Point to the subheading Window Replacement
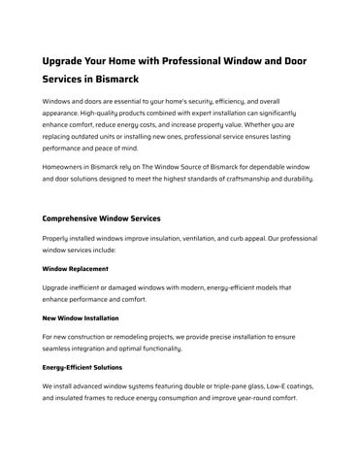[76, 268]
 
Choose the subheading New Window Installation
[82, 316]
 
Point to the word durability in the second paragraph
[293, 179]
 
